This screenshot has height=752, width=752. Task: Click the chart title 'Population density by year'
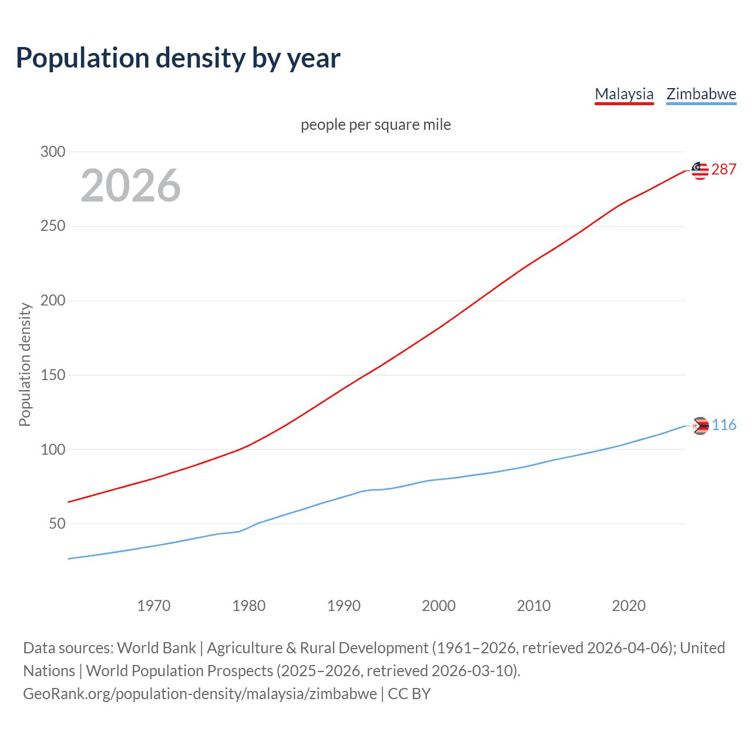coord(178,58)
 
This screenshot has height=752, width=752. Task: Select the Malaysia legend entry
coord(624,94)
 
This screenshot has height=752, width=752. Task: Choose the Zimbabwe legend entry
coord(701,94)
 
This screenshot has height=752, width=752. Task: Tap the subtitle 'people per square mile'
coord(375,125)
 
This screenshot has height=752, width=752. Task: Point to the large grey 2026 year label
coord(130,186)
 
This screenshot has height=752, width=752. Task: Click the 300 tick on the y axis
coord(53,152)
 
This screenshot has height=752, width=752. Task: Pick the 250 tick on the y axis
coord(53,226)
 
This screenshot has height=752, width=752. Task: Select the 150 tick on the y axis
coord(53,375)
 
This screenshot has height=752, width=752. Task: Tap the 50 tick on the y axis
coord(57,523)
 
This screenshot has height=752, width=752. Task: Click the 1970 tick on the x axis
coord(154,606)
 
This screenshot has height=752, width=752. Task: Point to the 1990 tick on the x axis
coord(344,606)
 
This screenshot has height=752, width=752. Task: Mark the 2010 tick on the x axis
coord(533,606)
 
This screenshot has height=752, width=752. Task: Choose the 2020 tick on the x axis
coord(629,606)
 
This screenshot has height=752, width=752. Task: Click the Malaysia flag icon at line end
coord(700,170)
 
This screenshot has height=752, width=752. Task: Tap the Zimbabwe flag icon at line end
coord(700,425)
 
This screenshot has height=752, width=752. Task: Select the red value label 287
coord(724,170)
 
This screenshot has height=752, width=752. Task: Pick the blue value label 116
coord(724,425)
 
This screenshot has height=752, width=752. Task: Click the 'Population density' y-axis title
coord(25,364)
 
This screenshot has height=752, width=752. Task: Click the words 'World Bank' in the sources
coord(156,647)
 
